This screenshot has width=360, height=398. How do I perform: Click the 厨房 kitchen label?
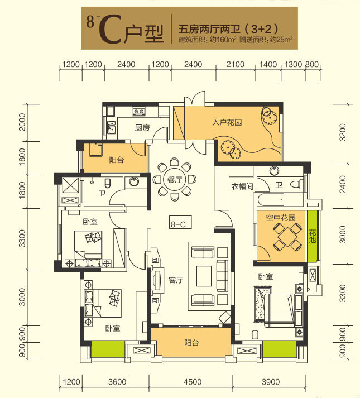click(142, 127)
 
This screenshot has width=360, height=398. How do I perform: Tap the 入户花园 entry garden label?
click(227, 122)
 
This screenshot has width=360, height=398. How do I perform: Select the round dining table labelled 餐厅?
click(174, 180)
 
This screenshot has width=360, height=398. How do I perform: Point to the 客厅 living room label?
click(176, 280)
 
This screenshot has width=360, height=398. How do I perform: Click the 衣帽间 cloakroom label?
click(242, 186)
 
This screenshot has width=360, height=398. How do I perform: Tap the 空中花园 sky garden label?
click(281, 218)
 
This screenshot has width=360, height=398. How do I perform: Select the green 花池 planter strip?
click(312, 236)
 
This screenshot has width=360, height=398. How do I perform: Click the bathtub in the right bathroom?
click(271, 200)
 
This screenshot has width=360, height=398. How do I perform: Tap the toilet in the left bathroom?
click(108, 183)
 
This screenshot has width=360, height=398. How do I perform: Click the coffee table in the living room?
click(204, 276)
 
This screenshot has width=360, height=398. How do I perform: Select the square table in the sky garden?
click(287, 237)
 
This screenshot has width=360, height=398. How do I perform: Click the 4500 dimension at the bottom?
click(193, 382)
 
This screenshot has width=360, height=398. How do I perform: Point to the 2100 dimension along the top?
click(236, 64)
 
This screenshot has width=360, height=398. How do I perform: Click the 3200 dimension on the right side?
click(343, 132)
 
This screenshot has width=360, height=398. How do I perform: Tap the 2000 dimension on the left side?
click(22, 122)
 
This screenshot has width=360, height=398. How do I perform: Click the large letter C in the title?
click(110, 30)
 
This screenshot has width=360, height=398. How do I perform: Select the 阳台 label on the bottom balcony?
click(191, 343)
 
